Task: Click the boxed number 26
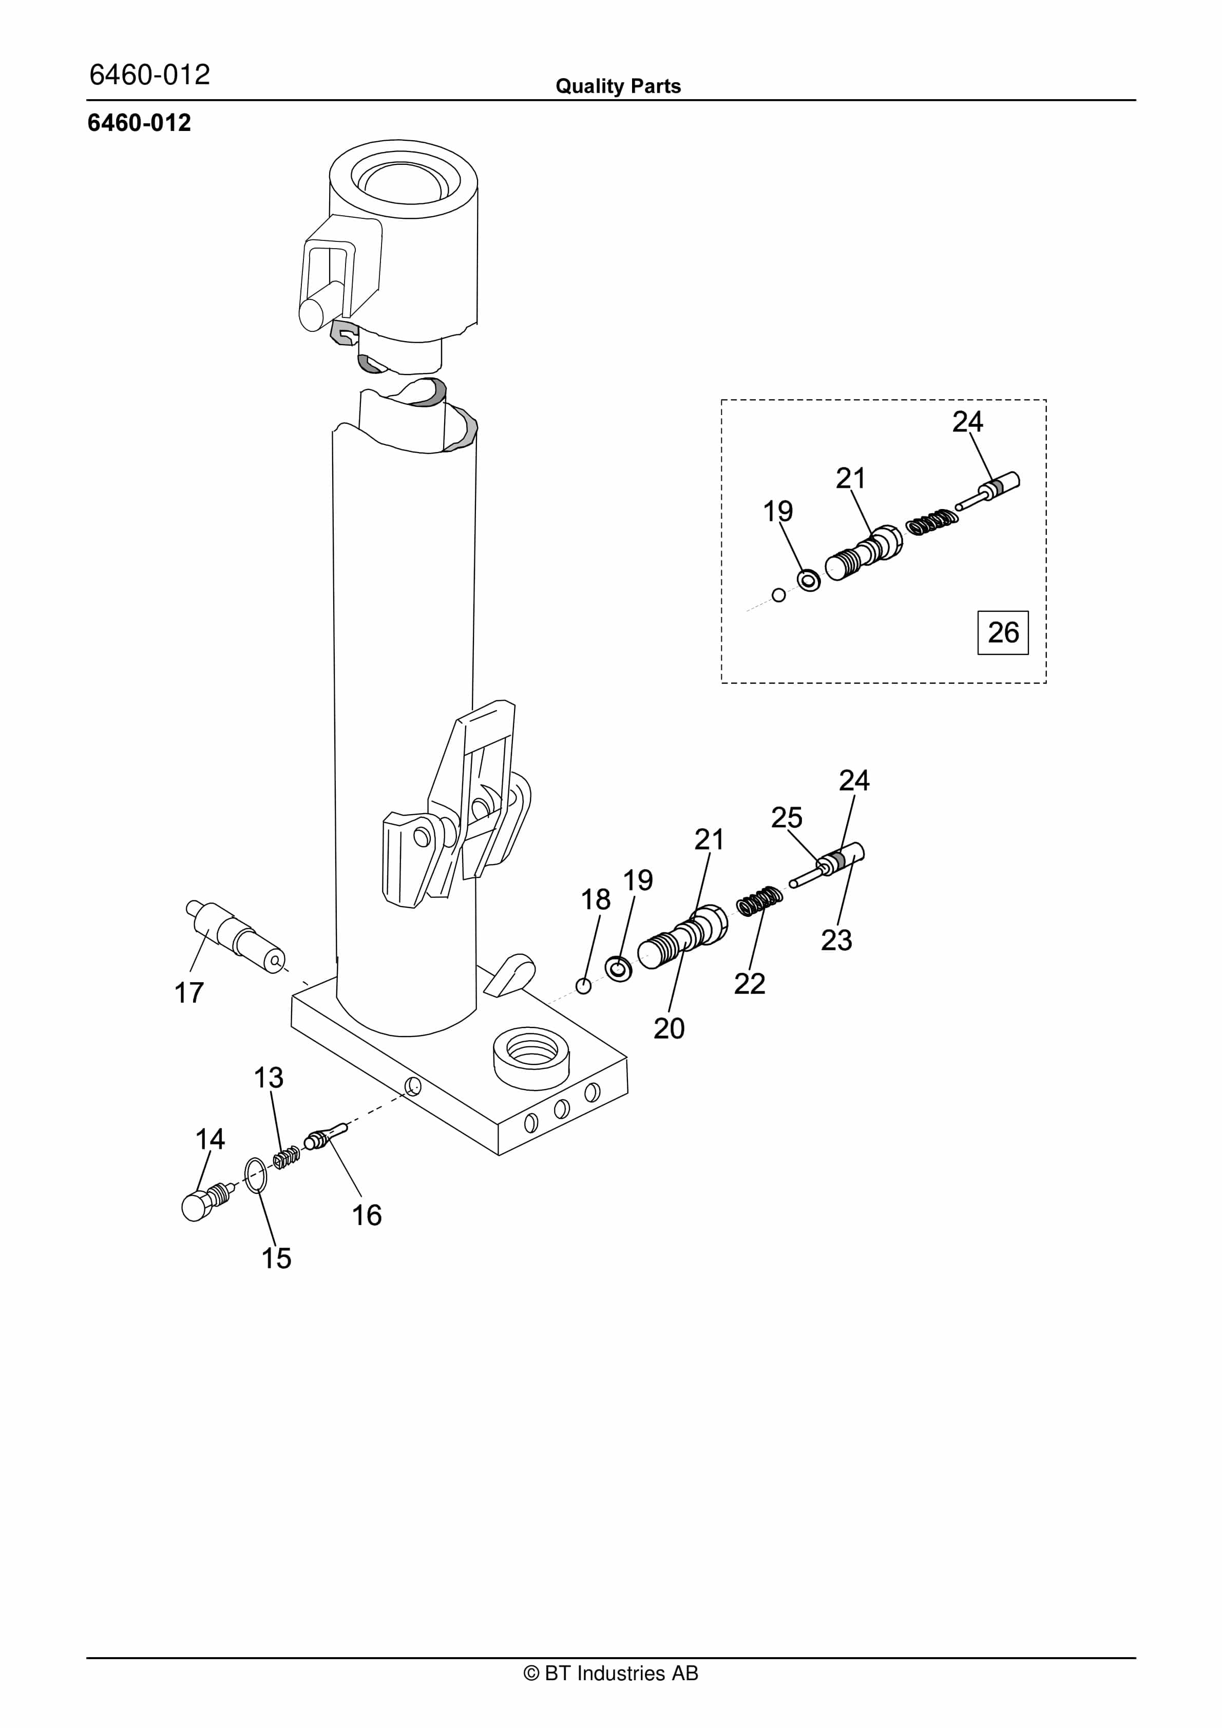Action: pos(1003,632)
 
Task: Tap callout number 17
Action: pos(189,993)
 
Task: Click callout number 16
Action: pos(367,1215)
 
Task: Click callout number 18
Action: pos(596,899)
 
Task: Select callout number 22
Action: pos(750,984)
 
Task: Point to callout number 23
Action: pos(837,940)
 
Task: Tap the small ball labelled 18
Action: pos(583,985)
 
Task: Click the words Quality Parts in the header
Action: pos(618,86)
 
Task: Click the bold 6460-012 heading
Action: pos(139,123)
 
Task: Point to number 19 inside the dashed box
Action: pos(778,512)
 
